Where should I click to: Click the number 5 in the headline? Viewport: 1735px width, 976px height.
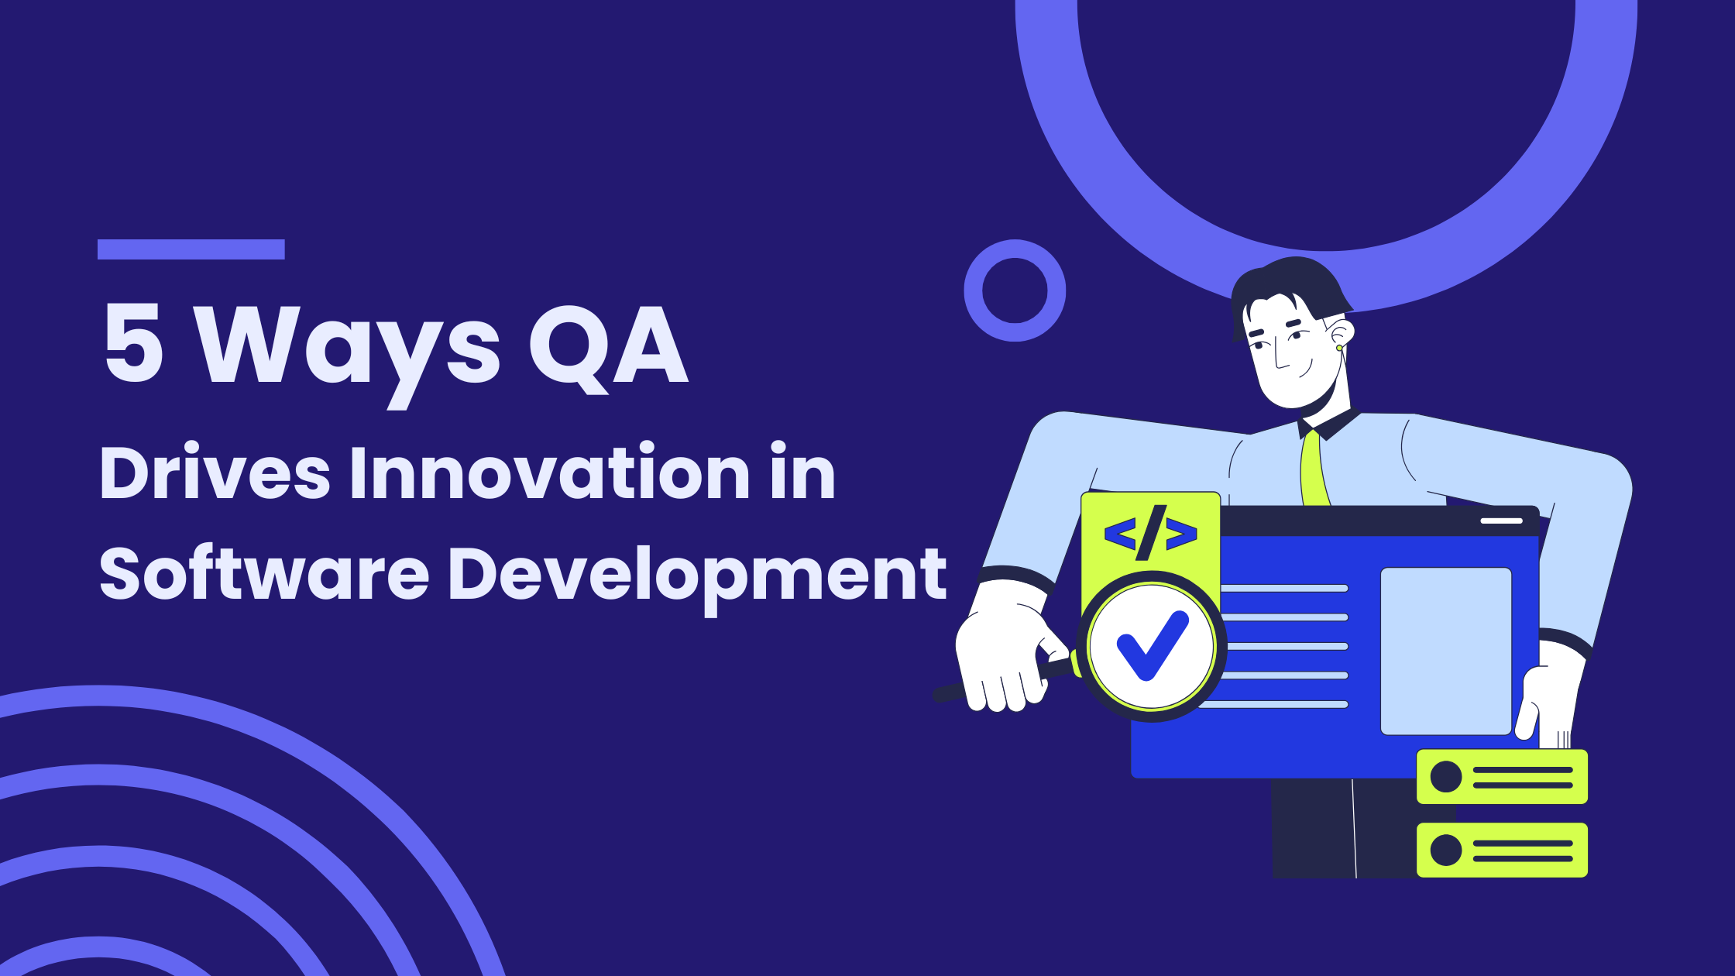134,343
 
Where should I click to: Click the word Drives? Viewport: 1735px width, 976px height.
215,472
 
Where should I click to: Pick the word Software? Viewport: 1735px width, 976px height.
264,572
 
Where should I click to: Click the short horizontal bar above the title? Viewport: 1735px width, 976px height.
191,249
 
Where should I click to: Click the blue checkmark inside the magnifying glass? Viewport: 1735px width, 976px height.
1153,645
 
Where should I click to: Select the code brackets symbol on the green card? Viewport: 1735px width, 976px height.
1151,533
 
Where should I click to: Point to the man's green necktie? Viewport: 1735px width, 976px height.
1314,469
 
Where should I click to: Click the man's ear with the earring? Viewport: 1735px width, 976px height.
1342,335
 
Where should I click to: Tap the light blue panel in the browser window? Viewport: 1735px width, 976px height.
1446,651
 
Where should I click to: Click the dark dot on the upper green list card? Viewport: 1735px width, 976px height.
1445,776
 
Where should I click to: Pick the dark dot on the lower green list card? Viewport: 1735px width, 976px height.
1445,850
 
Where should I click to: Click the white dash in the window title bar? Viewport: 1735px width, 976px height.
1502,521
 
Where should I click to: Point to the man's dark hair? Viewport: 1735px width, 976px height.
1290,290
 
